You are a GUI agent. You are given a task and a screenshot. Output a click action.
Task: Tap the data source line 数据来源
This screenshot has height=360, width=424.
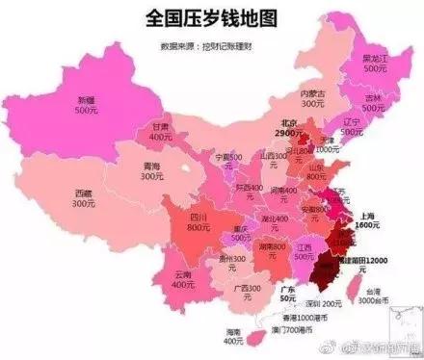coord(204,45)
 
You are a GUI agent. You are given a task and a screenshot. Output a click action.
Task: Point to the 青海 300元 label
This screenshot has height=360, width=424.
coord(148,170)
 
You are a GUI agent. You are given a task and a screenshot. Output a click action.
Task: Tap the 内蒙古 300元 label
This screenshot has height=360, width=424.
coord(285,95)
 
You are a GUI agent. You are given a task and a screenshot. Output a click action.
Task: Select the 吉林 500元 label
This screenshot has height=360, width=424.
coord(372,103)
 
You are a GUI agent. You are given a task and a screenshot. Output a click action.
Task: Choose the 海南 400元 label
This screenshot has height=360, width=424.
coord(232,336)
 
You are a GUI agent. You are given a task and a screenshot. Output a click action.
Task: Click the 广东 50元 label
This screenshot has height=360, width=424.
coord(287,293)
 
